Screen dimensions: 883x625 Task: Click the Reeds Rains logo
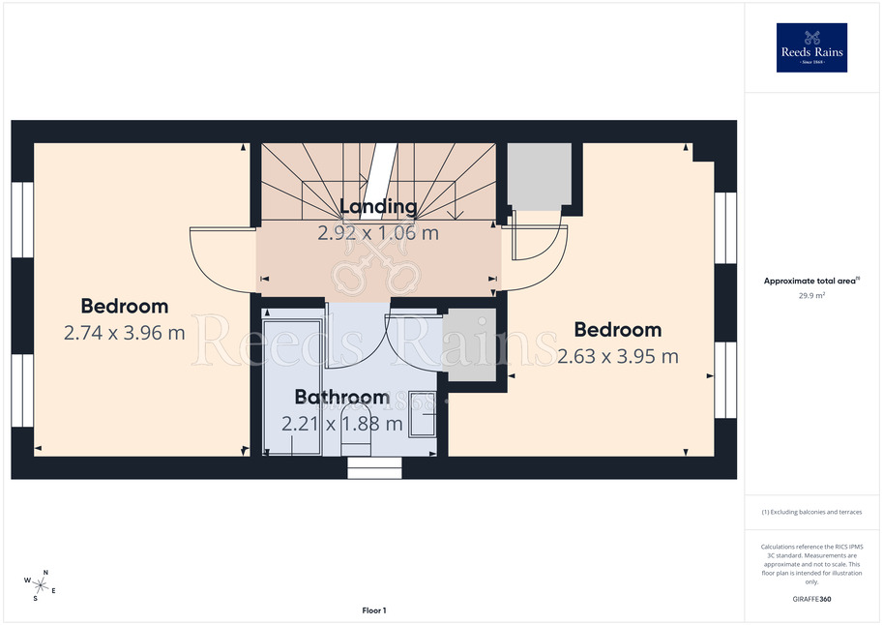811,47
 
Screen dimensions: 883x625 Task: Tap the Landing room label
378,206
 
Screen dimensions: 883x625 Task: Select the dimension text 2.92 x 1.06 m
378,233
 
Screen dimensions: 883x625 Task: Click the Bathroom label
341,397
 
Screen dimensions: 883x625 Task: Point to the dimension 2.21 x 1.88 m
341,423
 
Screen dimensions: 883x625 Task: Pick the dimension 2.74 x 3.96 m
125,333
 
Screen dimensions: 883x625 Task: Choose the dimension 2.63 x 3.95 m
618,356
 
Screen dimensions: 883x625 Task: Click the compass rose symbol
40,585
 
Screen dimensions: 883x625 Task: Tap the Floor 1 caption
374,610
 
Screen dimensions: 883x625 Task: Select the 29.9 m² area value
811,295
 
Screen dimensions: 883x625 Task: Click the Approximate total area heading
811,281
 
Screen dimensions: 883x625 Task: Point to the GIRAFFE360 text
811,599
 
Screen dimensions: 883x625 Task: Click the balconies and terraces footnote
811,512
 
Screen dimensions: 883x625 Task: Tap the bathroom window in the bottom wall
374,467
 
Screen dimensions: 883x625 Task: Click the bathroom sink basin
423,414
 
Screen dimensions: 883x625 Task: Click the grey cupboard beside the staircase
540,174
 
